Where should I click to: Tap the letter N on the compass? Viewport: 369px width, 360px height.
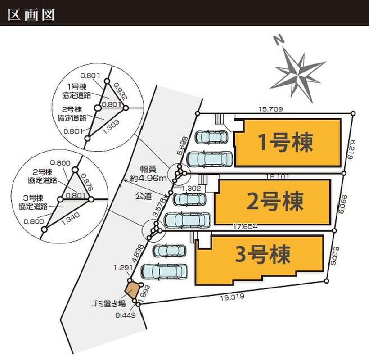tap(280, 40)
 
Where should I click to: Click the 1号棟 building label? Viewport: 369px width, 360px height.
tap(285, 143)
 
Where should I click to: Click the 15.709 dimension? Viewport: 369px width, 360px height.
tap(270, 108)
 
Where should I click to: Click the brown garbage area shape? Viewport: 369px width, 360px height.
tap(132, 289)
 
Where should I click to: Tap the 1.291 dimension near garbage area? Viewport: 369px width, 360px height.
tap(122, 267)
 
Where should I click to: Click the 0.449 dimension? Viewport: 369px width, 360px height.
tap(125, 315)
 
